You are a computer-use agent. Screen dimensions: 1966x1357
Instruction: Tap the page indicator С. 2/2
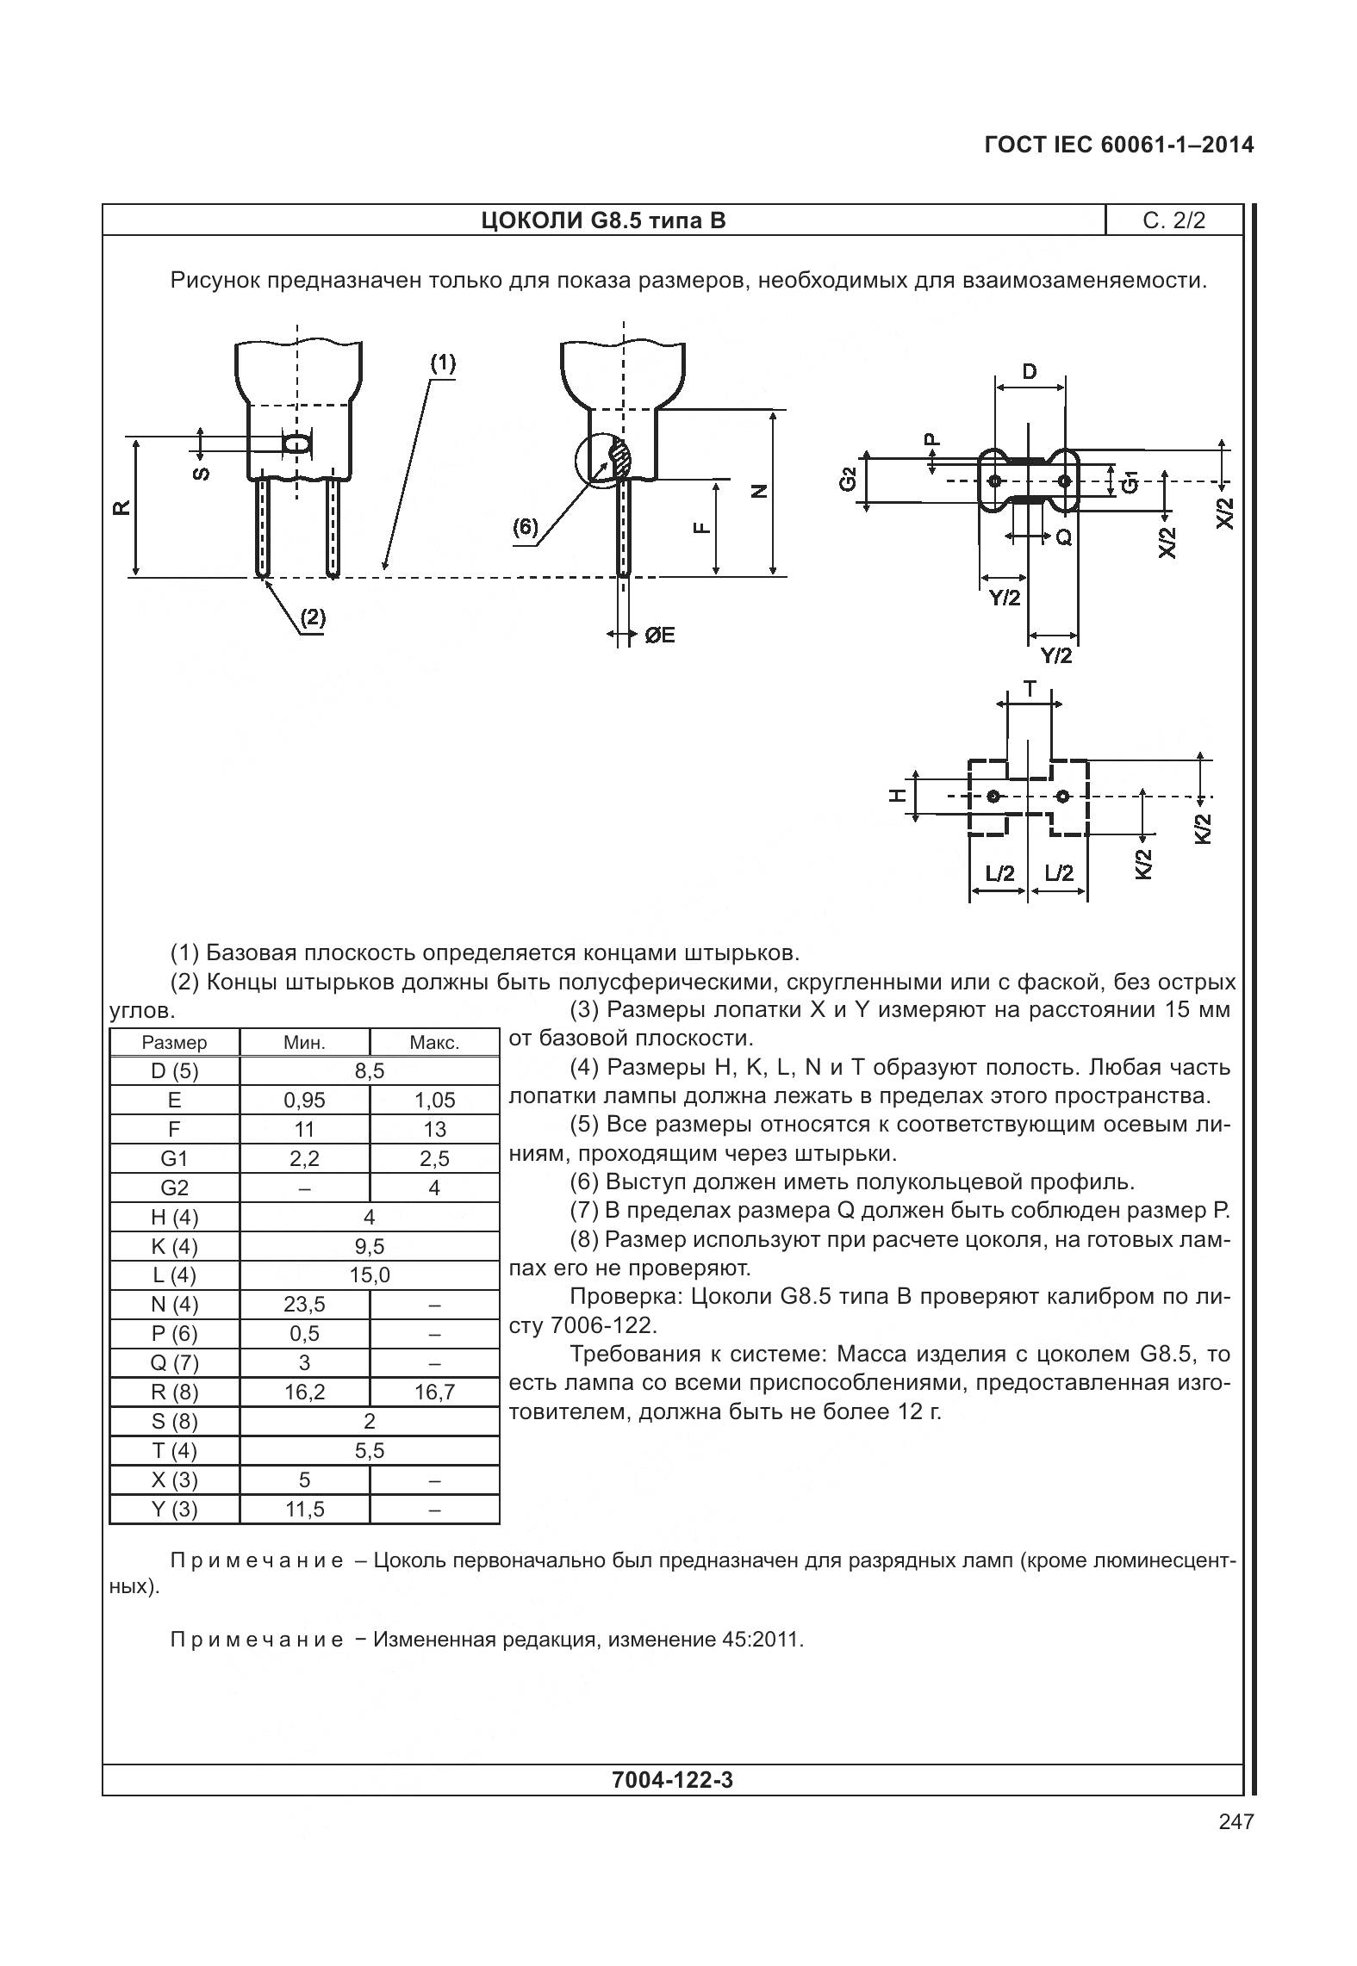point(1173,220)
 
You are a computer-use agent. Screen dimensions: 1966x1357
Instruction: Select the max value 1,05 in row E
point(434,1100)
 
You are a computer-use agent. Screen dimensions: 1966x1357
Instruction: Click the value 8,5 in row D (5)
point(369,1070)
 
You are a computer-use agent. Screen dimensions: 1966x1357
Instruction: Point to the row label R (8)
point(174,1392)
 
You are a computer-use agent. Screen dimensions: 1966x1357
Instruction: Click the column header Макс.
point(434,1042)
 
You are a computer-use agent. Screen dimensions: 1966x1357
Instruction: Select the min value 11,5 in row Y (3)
point(304,1509)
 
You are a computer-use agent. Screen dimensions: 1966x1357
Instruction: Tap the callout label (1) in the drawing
point(443,363)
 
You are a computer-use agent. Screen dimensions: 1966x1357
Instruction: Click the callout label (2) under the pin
point(312,617)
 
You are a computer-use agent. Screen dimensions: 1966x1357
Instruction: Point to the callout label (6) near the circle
point(525,527)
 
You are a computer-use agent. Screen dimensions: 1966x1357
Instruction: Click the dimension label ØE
point(659,636)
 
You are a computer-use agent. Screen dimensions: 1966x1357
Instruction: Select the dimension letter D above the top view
point(1030,372)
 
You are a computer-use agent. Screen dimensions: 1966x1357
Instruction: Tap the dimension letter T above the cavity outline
point(1030,688)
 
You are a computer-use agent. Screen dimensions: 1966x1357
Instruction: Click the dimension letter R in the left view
point(122,506)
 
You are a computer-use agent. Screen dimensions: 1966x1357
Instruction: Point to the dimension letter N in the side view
point(758,492)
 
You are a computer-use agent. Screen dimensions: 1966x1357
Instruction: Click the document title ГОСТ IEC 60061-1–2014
point(1118,145)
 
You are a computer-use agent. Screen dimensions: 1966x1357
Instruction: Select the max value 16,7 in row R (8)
point(434,1392)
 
